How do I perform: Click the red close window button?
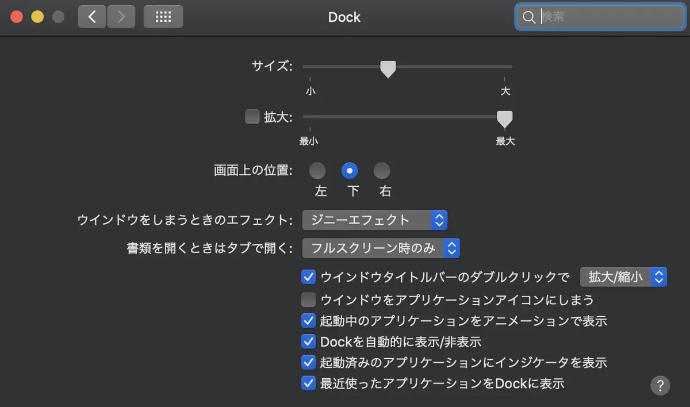pos(17,17)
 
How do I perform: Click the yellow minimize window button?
pos(37,17)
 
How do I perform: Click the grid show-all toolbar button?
pos(163,17)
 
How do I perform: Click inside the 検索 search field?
pos(604,17)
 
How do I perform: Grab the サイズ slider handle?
pos(388,69)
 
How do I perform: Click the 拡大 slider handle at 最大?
pos(505,119)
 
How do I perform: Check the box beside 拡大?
pos(252,117)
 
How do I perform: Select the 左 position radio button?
pos(317,171)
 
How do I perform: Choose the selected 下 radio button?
pos(350,171)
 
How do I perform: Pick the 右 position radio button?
pos(382,171)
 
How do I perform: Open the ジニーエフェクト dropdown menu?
pos(374,220)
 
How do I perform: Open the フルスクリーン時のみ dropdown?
pos(381,248)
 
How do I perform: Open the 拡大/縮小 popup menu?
pos(623,277)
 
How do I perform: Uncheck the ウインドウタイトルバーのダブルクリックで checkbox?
pos(308,277)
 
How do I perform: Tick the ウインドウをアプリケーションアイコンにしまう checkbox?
pos(308,300)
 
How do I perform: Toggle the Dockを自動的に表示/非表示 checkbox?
pos(308,341)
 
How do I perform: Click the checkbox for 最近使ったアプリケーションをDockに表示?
pos(308,383)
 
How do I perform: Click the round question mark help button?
pos(660,386)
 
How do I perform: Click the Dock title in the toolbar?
pos(344,17)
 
